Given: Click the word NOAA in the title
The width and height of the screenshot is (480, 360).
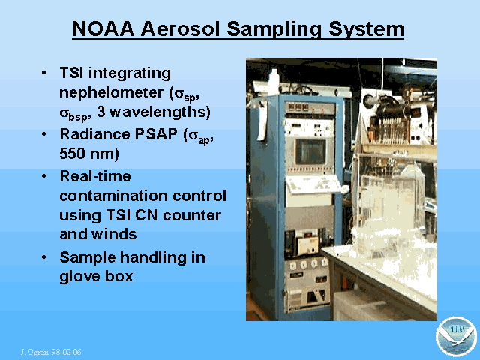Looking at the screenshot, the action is pos(103,28).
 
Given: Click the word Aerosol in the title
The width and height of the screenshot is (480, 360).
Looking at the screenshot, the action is pos(180,28).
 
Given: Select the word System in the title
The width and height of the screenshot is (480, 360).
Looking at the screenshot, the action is pos(367,30).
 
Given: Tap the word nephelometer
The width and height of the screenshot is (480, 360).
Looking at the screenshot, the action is pos(111,92).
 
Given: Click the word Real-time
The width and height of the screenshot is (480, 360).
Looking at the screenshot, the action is pos(95,176).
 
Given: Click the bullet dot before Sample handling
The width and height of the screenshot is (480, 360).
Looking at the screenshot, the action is pos(44,257).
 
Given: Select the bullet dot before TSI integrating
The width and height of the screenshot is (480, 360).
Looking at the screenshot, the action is pos(44,73).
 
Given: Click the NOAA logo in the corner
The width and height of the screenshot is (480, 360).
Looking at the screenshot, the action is pos(456,337).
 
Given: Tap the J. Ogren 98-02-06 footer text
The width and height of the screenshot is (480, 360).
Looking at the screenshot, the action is pos(51,352).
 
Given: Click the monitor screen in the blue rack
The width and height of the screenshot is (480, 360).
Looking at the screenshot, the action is pos(310,151).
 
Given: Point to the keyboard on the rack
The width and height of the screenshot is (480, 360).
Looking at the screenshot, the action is pos(315,184).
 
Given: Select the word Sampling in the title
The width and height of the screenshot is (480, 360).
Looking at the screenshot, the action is pos(274,30).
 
